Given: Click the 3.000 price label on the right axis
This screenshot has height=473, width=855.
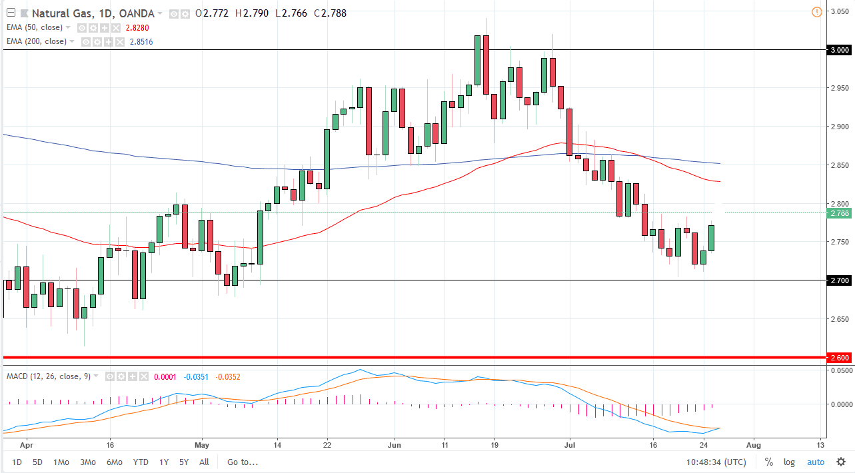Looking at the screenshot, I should coord(839,50).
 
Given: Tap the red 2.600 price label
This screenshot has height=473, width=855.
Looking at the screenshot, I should coord(840,358).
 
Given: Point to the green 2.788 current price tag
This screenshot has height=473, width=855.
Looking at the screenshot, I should coord(839,213).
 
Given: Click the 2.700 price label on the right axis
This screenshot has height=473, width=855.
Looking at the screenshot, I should coord(839,280).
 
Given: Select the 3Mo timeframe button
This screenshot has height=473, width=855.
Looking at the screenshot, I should coord(87,462).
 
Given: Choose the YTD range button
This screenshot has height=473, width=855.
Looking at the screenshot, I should coord(141,462).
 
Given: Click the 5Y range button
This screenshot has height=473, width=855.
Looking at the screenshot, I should coord(183,462).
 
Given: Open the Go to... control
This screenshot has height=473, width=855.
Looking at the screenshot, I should coord(242,462).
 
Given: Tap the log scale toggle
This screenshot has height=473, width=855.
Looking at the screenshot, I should coord(790,462).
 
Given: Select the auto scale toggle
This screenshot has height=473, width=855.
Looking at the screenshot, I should coord(816,462).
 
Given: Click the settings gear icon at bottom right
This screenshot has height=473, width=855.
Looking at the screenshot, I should coord(841,462).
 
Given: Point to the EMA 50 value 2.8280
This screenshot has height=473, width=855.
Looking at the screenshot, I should coord(137,27).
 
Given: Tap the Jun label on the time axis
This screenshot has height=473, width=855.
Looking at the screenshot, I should coord(395,445).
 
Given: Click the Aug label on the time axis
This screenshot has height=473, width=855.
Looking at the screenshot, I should coord(754,445).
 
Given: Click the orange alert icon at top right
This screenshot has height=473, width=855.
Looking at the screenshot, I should coord(817,12).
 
